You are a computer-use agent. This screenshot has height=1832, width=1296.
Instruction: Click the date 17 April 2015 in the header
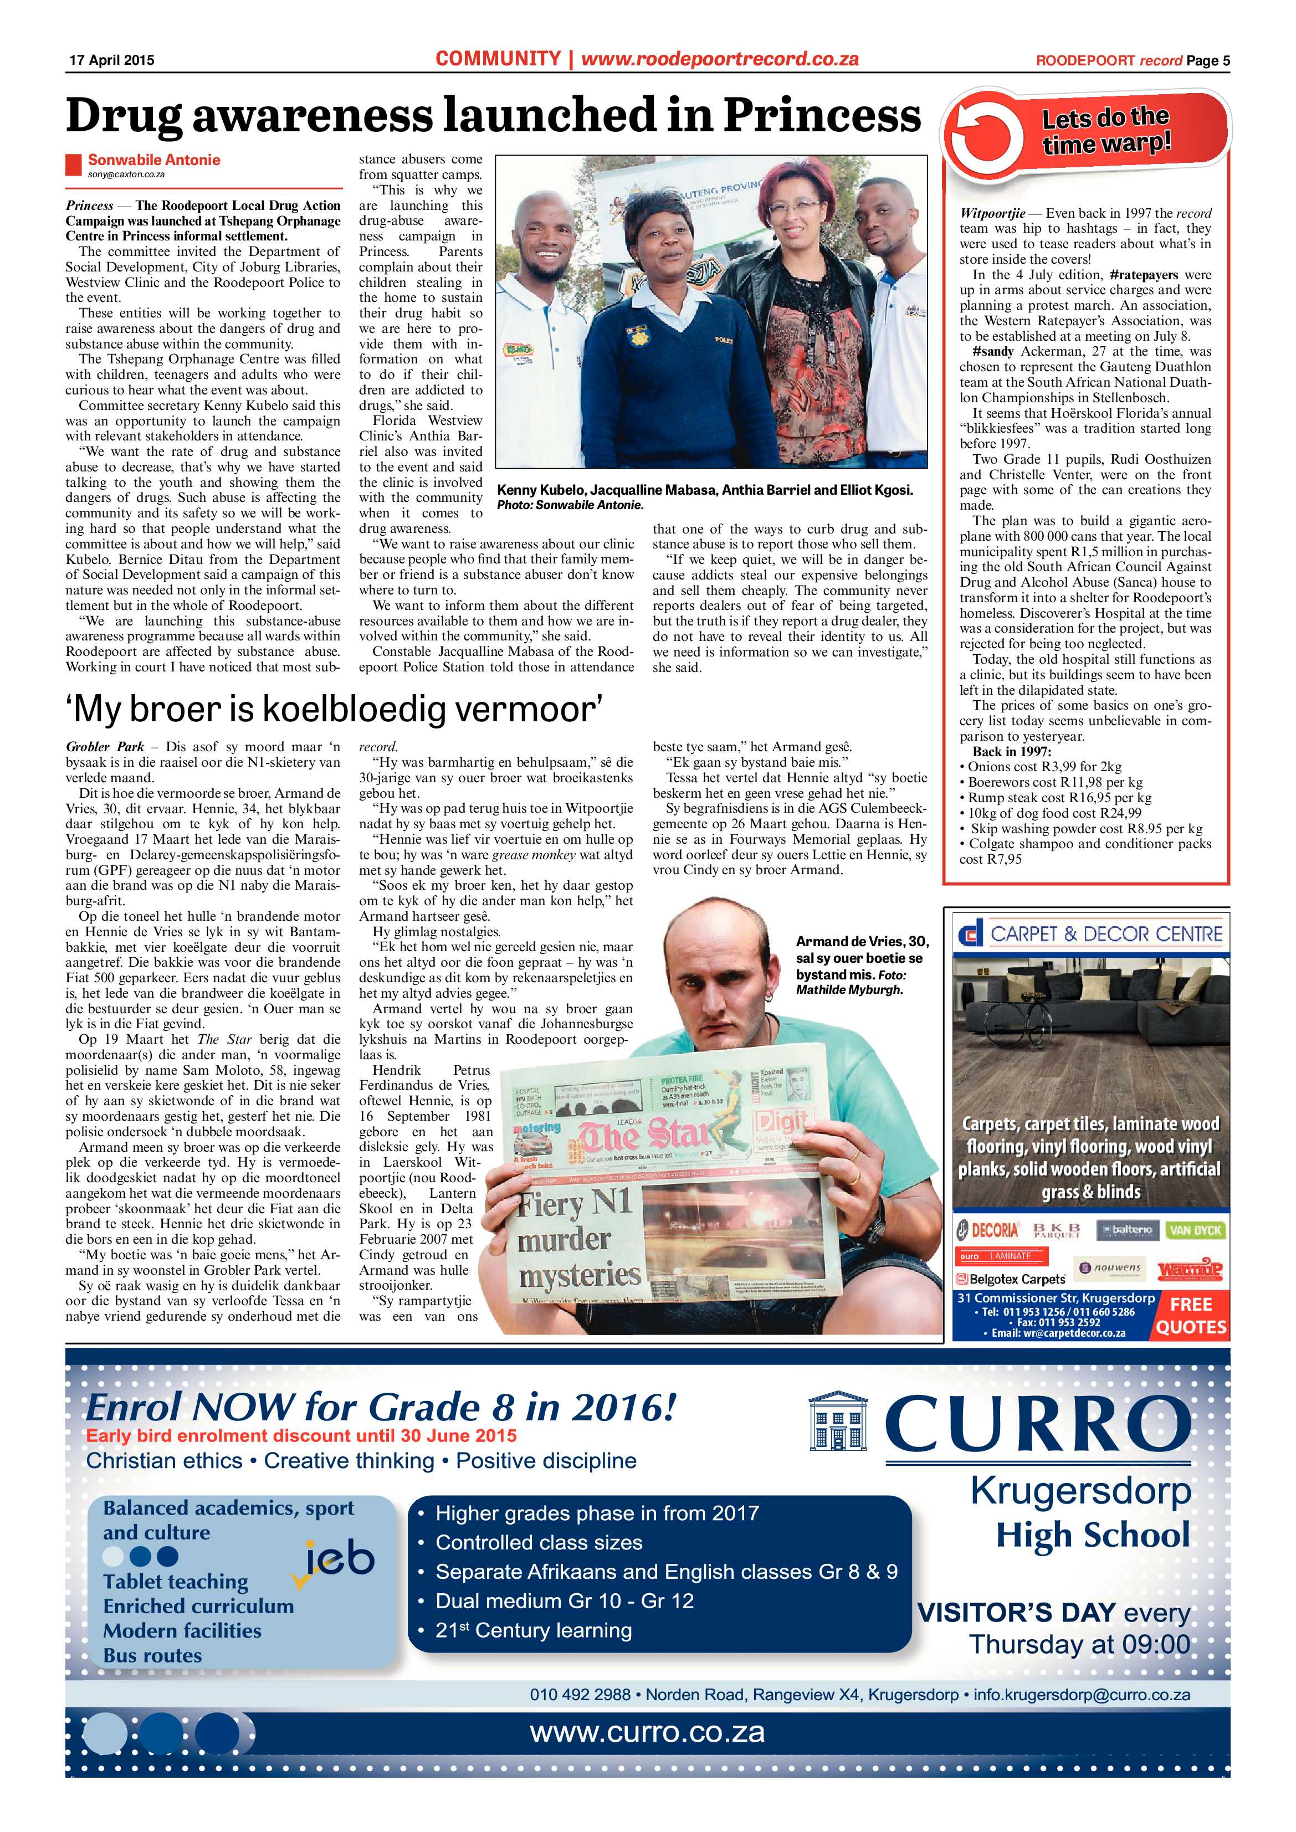coord(111,60)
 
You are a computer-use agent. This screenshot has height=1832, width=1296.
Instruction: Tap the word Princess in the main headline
coord(821,116)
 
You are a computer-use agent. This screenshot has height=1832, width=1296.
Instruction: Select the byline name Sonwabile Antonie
coord(153,160)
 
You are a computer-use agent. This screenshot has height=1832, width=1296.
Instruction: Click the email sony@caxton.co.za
coord(126,174)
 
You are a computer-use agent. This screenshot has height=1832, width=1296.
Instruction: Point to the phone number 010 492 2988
coord(580,1694)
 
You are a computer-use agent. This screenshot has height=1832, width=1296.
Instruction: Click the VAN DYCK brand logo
coord(1195,1230)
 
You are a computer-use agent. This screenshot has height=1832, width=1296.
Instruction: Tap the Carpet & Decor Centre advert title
coord(1090,933)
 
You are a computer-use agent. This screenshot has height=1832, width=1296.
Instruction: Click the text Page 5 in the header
coord(1207,60)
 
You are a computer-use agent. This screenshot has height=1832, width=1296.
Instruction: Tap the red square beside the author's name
coord(74,165)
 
